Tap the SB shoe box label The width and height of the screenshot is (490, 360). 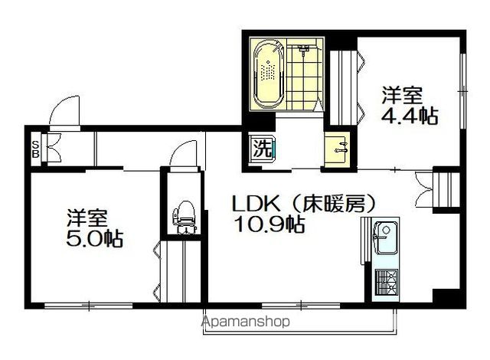(36, 147)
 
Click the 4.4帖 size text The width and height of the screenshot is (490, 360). (410, 116)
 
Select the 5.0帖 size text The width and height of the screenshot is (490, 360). (93, 237)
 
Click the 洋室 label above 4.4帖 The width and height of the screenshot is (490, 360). (403, 96)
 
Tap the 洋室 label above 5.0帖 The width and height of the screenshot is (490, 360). (85, 215)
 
